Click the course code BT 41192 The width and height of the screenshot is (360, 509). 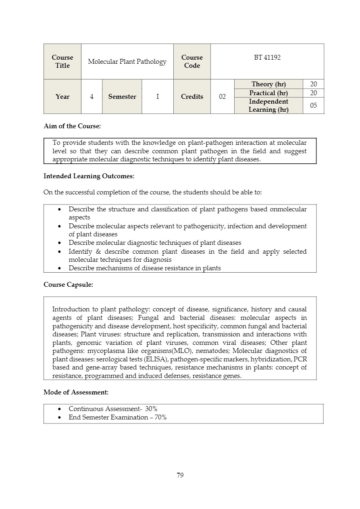click(267, 58)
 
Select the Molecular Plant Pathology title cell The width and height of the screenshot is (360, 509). click(127, 62)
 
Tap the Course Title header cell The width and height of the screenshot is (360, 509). click(62, 62)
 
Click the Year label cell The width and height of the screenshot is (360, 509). click(62, 97)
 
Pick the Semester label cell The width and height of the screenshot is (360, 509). click(122, 97)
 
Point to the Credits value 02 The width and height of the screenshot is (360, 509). click(222, 97)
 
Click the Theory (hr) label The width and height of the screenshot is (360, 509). click(268, 84)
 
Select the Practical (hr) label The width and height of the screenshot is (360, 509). click(268, 93)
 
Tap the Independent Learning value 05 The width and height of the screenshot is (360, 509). click(313, 106)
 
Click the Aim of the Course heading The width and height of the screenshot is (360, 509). click(72, 126)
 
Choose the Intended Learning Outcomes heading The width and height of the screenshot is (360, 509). click(89, 176)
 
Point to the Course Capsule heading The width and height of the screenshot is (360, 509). click(68, 285)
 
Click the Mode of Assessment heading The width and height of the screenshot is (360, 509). click(76, 392)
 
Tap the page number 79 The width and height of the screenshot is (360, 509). click(180, 475)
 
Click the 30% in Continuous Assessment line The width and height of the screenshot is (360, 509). click(151, 409)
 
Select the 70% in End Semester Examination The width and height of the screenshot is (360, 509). click(160, 417)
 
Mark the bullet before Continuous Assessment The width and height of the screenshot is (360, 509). click(60, 409)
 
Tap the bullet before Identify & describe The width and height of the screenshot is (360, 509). click(60, 252)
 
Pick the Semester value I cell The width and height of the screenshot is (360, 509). click(158, 97)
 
